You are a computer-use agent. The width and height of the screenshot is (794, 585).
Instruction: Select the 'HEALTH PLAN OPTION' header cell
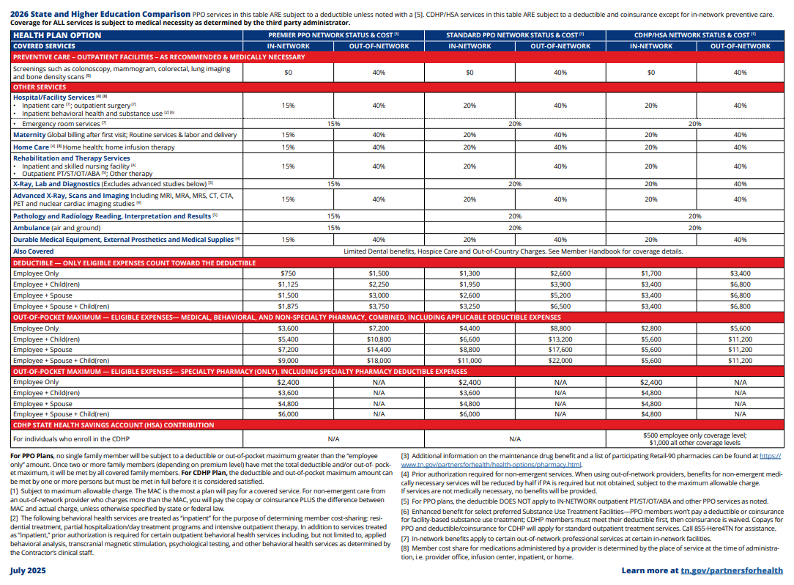point(57,35)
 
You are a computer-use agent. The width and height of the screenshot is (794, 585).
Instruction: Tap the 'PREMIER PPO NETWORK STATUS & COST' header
point(333,35)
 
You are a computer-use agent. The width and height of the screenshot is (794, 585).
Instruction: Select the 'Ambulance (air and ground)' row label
point(57,228)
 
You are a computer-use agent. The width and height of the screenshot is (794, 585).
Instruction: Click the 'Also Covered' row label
point(33,251)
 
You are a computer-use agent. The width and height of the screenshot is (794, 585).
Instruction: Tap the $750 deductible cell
point(288,273)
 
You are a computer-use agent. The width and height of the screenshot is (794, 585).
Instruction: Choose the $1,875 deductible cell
point(288,306)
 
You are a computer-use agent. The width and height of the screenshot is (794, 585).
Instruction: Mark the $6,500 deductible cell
point(560,306)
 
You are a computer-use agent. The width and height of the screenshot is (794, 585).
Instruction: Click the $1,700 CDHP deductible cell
point(650,273)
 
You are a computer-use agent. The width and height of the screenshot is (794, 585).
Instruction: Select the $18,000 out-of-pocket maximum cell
point(379,361)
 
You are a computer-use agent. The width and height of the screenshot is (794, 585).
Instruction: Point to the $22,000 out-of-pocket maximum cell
point(560,361)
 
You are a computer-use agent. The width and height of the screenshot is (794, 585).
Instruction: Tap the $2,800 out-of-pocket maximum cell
point(650,328)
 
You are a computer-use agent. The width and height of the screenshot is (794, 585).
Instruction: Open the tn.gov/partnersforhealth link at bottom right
point(732,570)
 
